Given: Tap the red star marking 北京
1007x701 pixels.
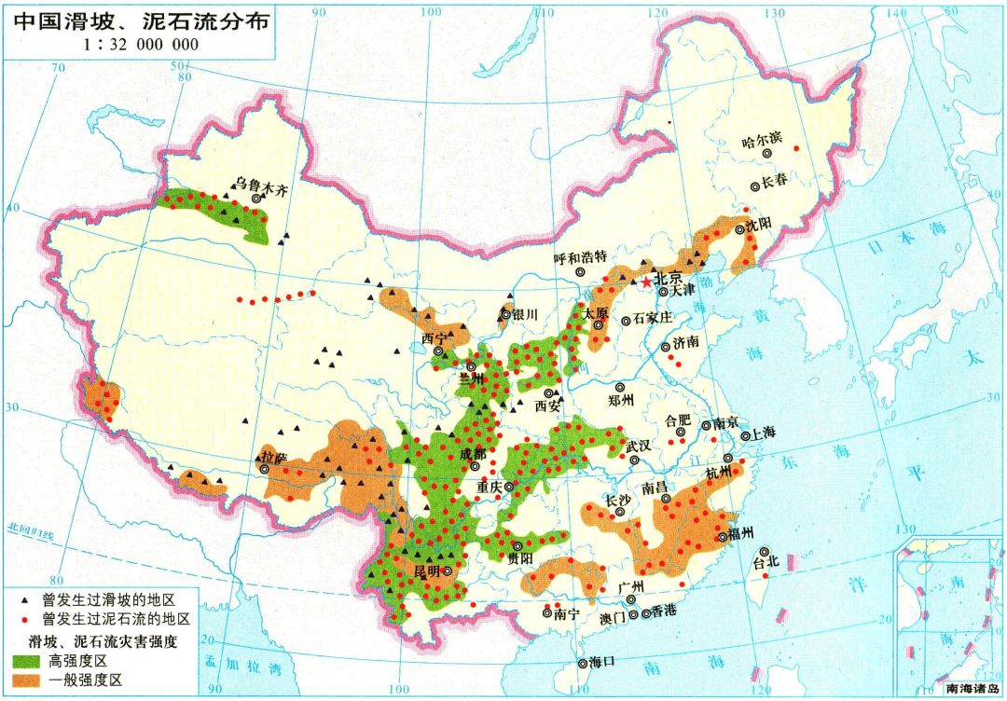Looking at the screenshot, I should [644, 280].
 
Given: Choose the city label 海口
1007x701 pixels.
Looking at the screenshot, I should [602, 662].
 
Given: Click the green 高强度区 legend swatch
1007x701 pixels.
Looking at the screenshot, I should [32, 660].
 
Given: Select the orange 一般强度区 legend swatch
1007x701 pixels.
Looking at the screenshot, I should [32, 680].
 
